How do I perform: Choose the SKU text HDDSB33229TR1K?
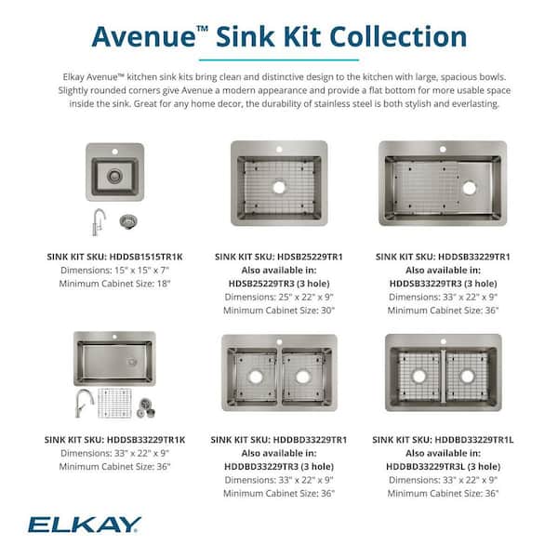click(133, 438)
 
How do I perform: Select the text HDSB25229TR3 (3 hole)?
click(279, 283)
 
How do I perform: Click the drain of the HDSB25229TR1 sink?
click(279, 186)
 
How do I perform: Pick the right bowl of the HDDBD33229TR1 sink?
click(302, 378)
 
